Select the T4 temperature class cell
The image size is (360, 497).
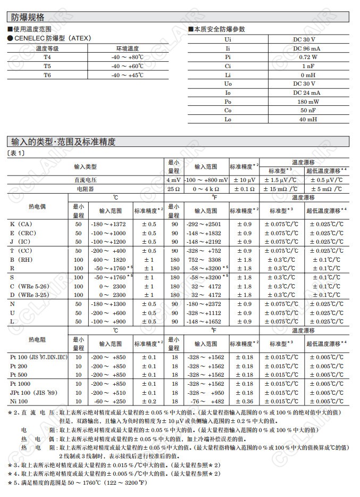[x=47, y=57]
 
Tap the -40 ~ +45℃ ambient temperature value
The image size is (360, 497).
[x=127, y=75]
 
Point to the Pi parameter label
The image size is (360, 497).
[x=228, y=57]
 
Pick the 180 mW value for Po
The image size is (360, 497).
[x=304, y=102]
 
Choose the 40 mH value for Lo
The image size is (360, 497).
[x=304, y=119]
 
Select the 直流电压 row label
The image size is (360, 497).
[x=88, y=180]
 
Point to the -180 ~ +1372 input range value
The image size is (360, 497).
[x=108, y=224]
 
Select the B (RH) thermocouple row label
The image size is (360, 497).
[x=22, y=260]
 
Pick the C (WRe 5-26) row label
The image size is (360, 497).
[x=30, y=286]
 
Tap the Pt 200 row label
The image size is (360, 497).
[x=19, y=366]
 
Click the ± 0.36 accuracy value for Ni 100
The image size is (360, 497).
[x=244, y=401]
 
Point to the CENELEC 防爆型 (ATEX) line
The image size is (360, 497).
[x=49, y=38]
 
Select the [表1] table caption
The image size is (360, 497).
[x=16, y=153]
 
